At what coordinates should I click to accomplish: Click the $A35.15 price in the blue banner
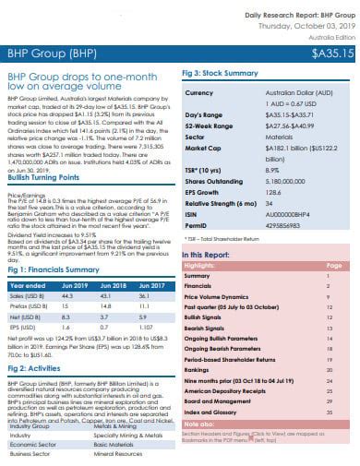(x=330, y=54)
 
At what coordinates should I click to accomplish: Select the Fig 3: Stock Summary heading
(x=220, y=72)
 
